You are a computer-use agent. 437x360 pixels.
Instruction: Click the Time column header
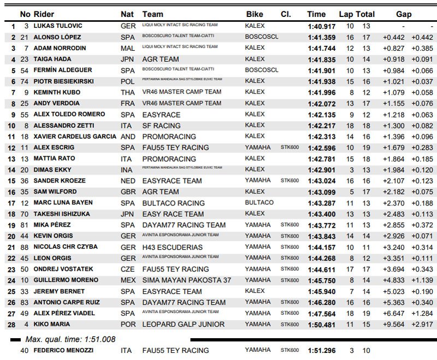pos(316,14)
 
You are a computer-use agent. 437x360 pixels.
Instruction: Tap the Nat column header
pos(126,14)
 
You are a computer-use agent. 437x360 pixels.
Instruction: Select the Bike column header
pos(255,14)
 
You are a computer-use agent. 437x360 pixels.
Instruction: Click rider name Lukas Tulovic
pos(57,26)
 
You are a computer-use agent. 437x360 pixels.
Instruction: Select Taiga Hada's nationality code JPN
pos(128,59)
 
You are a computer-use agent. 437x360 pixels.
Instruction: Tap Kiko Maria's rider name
pos(50,324)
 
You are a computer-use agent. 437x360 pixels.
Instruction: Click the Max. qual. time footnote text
pos(70,339)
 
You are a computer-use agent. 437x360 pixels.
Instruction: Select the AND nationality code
pos(128,136)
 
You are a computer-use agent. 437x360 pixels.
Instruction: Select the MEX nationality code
pos(128,280)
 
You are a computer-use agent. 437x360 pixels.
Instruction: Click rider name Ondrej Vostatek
pos(63,269)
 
